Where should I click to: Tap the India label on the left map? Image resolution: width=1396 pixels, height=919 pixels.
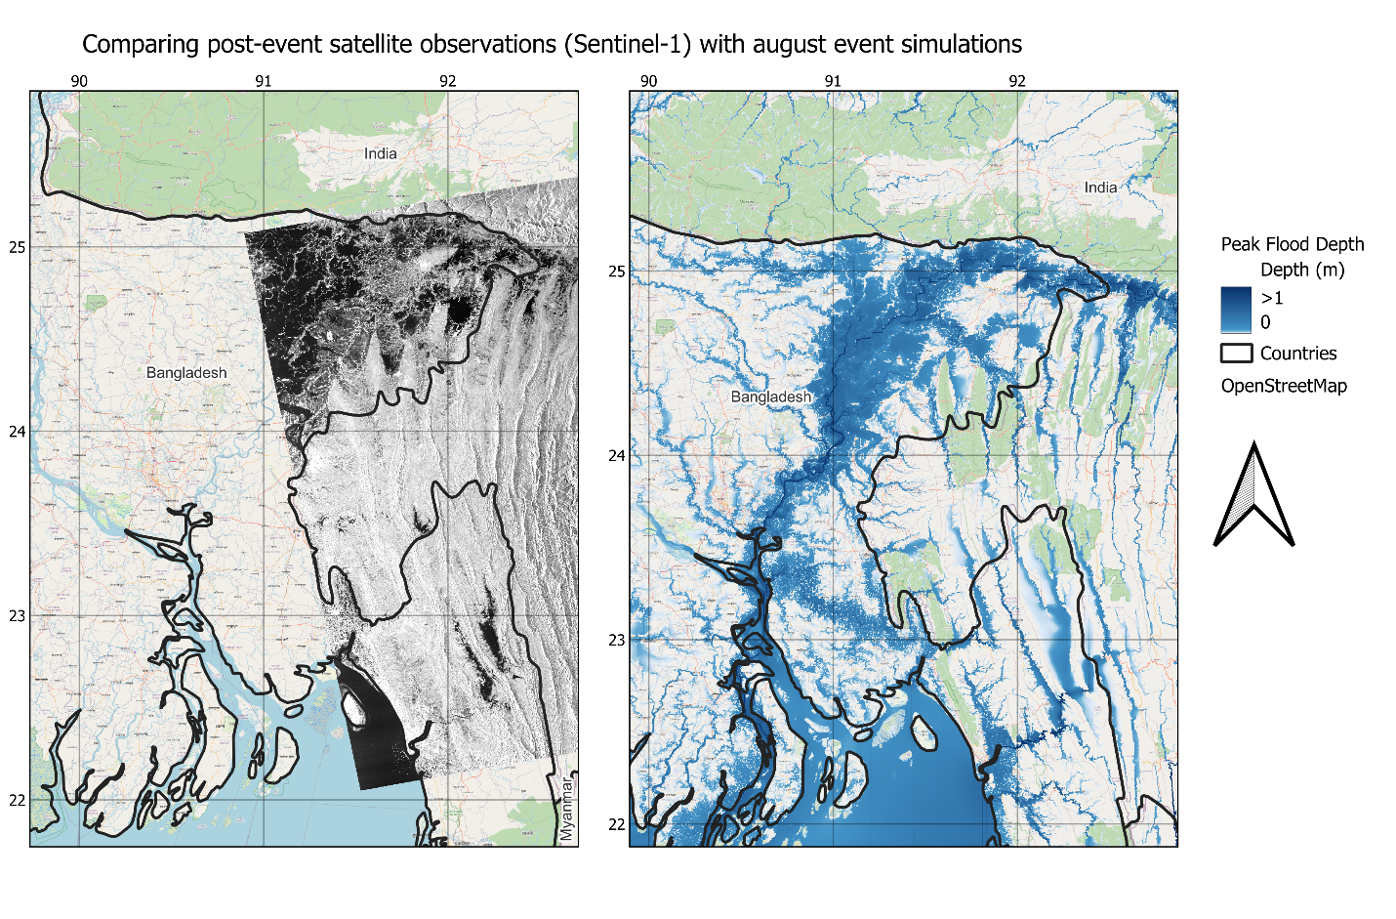[x=380, y=153]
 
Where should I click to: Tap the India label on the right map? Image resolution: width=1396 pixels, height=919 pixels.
[x=1100, y=188]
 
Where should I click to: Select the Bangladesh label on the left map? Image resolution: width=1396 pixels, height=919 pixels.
[x=186, y=373]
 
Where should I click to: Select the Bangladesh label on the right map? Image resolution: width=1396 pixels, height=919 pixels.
[x=771, y=397]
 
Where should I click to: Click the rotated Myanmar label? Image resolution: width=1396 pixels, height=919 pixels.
[x=567, y=809]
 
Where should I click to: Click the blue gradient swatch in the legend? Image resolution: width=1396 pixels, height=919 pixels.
[x=1236, y=310]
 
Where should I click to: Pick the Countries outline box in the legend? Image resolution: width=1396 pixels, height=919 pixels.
[x=1236, y=354]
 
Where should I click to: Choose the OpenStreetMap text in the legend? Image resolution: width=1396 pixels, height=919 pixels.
[x=1284, y=386]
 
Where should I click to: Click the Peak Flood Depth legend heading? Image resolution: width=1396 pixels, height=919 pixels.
[x=1293, y=244]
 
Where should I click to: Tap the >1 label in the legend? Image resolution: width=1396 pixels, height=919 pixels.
[x=1271, y=298]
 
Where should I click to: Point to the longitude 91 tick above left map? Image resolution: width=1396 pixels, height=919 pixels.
[x=264, y=81]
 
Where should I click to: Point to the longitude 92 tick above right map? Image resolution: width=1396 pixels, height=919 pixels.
[x=1017, y=81]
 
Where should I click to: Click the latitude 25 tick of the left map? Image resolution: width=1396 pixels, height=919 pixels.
[x=18, y=247]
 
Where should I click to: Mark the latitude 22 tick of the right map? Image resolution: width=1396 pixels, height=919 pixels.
[x=617, y=824]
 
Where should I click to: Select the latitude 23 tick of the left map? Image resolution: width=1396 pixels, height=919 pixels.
[x=18, y=616]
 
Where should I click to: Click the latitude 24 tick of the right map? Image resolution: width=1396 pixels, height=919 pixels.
[x=617, y=455]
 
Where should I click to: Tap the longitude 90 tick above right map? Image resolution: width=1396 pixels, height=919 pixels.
[x=648, y=81]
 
